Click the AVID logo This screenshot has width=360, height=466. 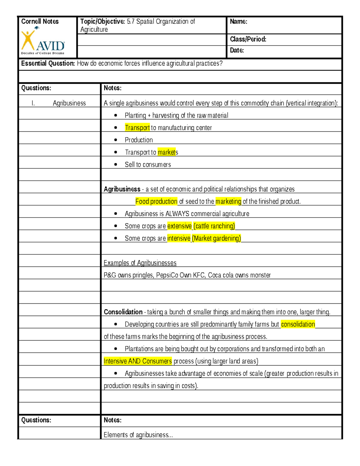pos(43,41)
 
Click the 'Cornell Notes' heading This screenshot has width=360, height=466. pos(40,21)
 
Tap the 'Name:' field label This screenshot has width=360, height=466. pos(238,21)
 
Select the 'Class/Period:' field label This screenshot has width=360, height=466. pos(248,39)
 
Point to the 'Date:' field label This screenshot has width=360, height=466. pos(237,50)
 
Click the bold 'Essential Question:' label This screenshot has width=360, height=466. pos(48,63)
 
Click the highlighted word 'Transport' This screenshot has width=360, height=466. pos(137,128)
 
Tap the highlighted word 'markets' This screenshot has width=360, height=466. pos(168,152)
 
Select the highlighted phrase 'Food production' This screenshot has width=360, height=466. pos(156,201)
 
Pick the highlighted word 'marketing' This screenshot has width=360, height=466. pos(228,201)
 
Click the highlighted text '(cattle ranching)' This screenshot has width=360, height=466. pos(214,226)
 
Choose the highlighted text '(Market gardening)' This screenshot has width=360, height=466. pos(216,238)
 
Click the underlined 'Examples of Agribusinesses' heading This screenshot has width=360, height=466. pos(140,263)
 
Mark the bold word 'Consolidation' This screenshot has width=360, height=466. pos(123,312)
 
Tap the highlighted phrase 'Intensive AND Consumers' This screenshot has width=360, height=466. pos(138,361)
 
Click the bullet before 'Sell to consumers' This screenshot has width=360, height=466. pos(116,164)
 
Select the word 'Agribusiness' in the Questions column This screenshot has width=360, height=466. pos(69,103)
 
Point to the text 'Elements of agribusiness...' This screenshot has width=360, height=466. pos(138,435)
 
